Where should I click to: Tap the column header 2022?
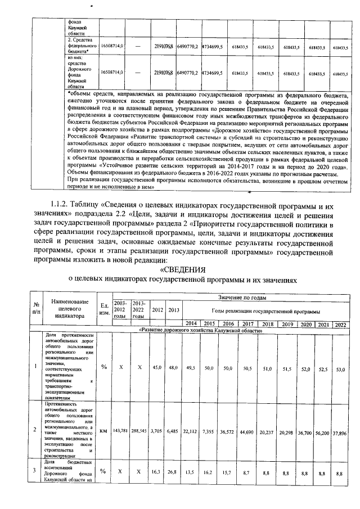click(340, 323)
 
